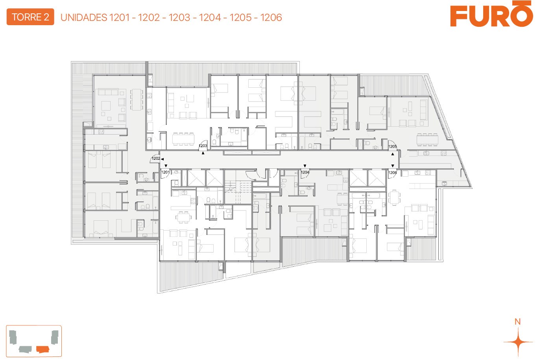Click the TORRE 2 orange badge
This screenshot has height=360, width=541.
30,17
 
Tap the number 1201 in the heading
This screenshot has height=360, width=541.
120,18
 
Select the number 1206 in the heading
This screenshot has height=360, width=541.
271,18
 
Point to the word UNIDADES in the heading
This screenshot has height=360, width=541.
84,18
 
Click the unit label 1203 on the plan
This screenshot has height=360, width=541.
203,146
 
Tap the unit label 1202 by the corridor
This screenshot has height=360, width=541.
156,159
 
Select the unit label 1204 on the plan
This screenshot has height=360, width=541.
305,172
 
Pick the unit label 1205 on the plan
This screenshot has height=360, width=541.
392,146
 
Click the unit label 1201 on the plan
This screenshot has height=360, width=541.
165,172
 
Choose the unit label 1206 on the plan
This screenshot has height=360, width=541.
392,172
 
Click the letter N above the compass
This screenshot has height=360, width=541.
517,321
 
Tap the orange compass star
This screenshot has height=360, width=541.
518,342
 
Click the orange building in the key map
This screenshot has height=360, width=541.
43,349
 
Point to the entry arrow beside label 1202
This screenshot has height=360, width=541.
162,159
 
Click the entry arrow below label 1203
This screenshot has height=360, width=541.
203,153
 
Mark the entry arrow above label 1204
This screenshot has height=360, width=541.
305,166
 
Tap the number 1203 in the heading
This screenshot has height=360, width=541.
179,18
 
